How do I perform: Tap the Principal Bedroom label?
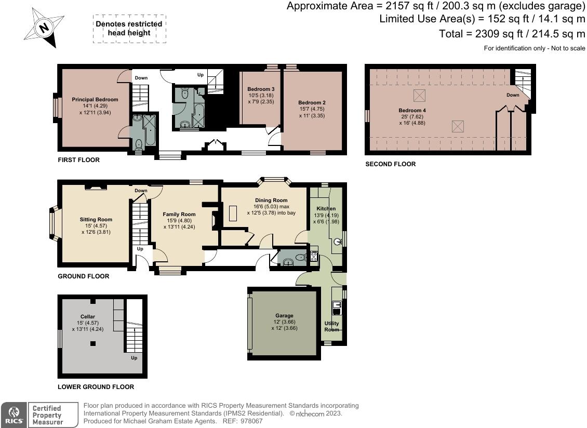coord(95,100)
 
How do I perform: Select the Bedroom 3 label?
coord(261,89)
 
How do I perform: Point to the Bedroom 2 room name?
coord(312,103)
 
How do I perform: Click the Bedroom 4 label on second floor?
coord(412,111)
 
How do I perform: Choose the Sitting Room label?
coord(96,219)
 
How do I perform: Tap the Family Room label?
coord(179,215)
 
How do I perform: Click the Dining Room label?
coord(271,200)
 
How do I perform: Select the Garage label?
coord(285,316)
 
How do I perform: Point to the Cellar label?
coord(88,316)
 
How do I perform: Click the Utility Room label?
coord(332,326)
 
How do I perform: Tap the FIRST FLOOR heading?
coord(78,160)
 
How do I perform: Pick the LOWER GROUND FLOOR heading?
coord(96,387)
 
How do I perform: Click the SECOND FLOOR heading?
coord(391,164)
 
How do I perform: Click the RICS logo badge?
coord(14,415)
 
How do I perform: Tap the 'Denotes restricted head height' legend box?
coord(129,29)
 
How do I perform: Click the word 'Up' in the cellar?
coord(134,358)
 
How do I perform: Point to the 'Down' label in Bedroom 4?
coord(513,95)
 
